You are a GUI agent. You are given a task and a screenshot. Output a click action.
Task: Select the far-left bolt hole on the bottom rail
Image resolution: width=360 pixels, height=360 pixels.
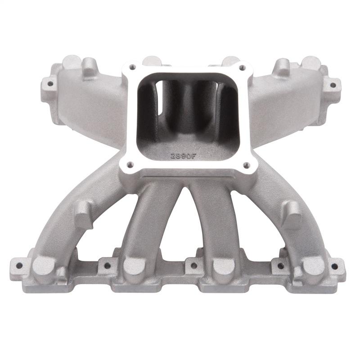point(19,264)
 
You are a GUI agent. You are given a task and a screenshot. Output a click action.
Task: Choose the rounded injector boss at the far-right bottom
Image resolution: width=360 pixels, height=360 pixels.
point(315,265)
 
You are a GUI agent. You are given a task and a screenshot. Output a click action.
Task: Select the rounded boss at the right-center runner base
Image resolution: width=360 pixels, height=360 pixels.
point(224,265)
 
